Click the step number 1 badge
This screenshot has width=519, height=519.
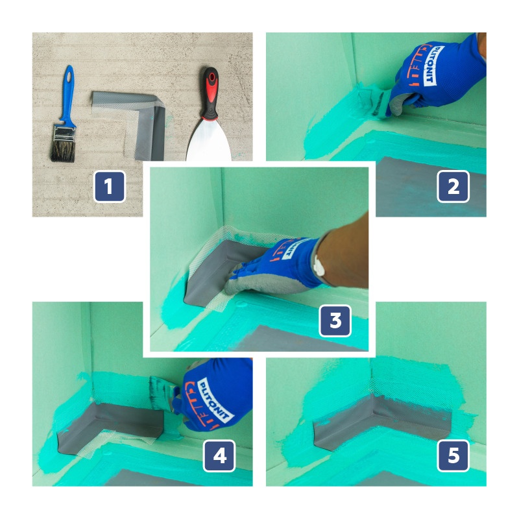click(x=109, y=186)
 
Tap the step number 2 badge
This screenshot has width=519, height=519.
click(x=453, y=186)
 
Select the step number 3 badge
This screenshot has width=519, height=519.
click(x=335, y=320)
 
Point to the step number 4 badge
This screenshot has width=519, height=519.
click(x=219, y=456)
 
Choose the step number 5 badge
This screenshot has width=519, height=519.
click(x=453, y=456)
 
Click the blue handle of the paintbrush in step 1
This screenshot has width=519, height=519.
click(x=68, y=94)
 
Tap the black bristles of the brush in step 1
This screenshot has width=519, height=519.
click(x=62, y=151)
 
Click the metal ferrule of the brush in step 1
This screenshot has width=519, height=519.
click(x=64, y=133)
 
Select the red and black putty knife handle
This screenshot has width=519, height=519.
click(x=210, y=93)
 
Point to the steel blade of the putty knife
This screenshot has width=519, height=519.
click(x=208, y=141)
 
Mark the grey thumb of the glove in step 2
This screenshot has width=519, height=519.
click(x=401, y=103)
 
